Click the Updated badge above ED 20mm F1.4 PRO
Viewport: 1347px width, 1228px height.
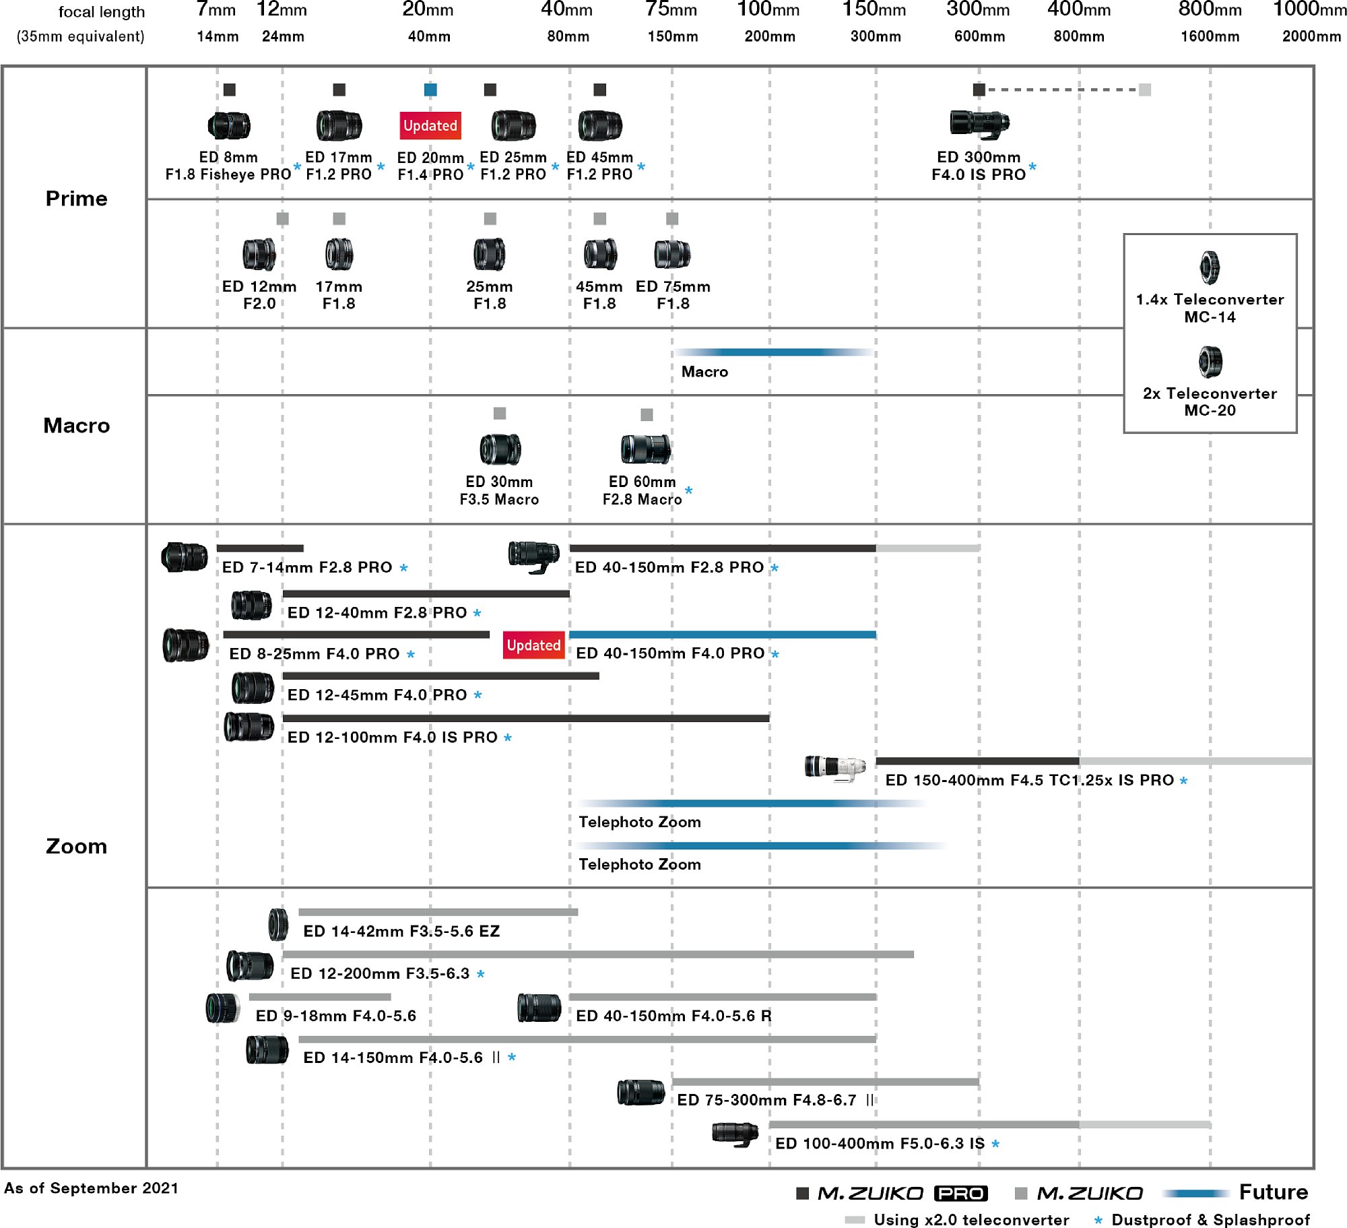pos(430,125)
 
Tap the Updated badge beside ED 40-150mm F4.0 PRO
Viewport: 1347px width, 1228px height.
pos(533,645)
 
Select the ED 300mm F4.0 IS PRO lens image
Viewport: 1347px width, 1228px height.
pos(979,124)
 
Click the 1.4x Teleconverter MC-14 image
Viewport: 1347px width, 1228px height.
pos(1210,267)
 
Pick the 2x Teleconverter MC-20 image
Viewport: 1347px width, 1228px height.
pos(1210,362)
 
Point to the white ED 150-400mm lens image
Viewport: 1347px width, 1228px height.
pos(836,768)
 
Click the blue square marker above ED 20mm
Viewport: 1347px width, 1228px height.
pos(430,90)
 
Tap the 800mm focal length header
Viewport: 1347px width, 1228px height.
pos(1210,10)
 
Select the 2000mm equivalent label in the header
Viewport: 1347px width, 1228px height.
pos(1311,36)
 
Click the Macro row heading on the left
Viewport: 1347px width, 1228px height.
pos(76,425)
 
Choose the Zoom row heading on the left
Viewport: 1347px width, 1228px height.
pos(76,846)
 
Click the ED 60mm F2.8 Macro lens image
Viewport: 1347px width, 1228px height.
pos(646,449)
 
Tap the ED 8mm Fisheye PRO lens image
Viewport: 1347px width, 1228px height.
pos(229,125)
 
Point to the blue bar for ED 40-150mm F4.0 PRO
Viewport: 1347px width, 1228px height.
pos(722,635)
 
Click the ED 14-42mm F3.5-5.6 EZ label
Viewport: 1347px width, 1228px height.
pos(401,931)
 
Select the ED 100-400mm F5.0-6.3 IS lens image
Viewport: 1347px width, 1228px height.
pos(735,1134)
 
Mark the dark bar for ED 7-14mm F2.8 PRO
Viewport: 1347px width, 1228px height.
pos(260,548)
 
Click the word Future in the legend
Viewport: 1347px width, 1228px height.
pos(1274,1192)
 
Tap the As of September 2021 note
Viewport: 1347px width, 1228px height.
pos(91,1188)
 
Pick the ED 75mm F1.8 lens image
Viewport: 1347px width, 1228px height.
pos(672,254)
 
